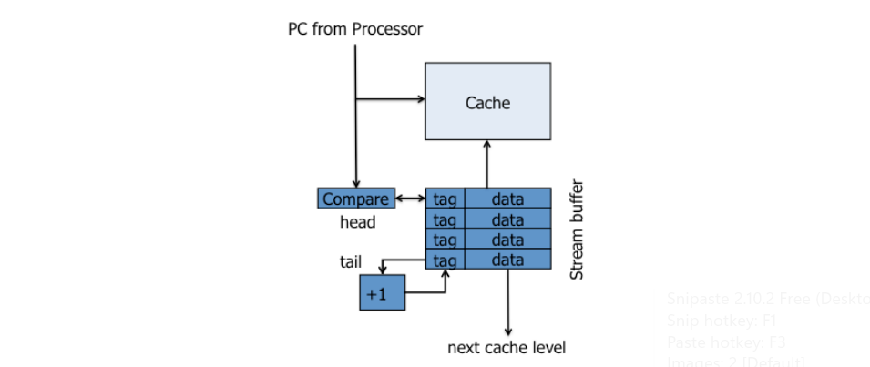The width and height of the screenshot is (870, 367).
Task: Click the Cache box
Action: coord(487,101)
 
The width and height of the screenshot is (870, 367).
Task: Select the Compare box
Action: coord(355,199)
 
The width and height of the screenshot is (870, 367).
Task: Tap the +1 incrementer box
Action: coord(382,293)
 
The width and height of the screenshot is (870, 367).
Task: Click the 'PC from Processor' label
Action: coord(355,29)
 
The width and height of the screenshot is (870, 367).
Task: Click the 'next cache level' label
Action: coord(507,347)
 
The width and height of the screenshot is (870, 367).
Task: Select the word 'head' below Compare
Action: coord(357,220)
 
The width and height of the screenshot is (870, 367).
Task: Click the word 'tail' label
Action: coord(351,262)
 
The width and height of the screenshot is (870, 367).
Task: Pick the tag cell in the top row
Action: coord(445,199)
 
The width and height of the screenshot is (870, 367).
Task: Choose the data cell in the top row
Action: coord(507,199)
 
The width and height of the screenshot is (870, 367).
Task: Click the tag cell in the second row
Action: coord(445,219)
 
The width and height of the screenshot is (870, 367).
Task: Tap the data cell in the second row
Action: coord(507,219)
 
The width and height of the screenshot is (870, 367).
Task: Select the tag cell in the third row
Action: coord(445,240)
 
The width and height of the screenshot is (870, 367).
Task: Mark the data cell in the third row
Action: coord(507,240)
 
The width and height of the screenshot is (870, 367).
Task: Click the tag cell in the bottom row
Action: coord(445,260)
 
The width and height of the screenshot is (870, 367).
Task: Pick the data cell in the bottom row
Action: coord(507,260)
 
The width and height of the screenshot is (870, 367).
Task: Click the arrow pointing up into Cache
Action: coord(487,164)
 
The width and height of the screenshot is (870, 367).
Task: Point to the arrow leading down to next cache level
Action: coord(507,301)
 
